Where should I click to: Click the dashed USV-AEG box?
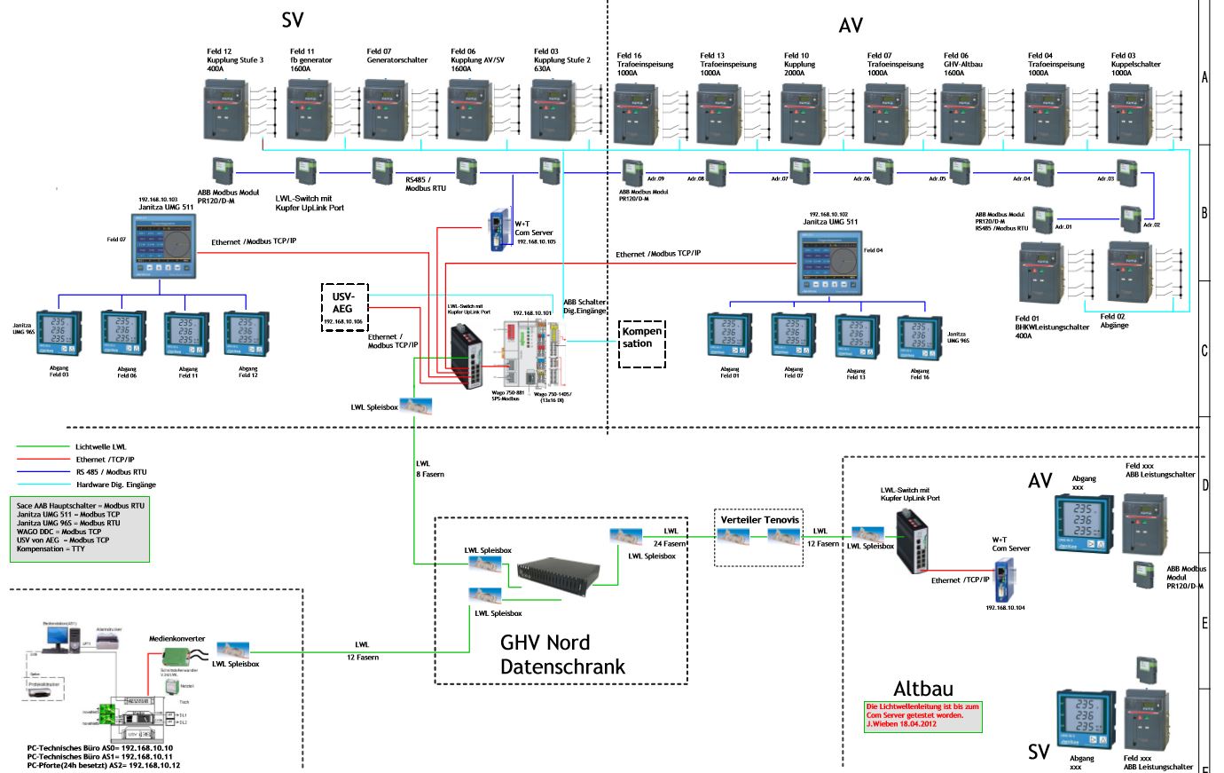pos(343,307)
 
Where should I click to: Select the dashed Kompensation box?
pos(642,343)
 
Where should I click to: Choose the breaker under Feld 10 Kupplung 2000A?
pos(807,113)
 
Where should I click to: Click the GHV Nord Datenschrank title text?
pos(562,655)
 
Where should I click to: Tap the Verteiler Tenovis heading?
pos(759,519)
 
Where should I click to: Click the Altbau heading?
pos(923,689)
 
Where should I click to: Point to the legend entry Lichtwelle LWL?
pos(100,447)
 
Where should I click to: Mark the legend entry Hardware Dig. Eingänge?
pos(115,485)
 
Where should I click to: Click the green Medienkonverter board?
pos(179,656)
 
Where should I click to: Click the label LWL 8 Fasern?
pos(429,469)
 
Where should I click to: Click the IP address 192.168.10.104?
pos(1006,608)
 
